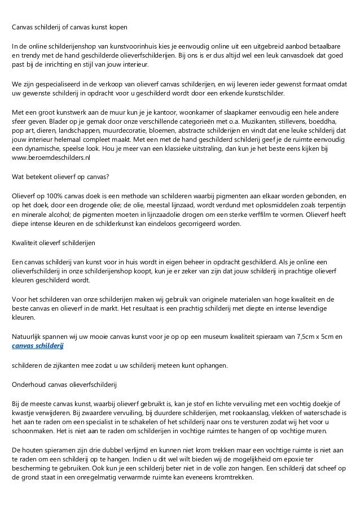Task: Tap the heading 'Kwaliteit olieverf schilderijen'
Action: [54, 243]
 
